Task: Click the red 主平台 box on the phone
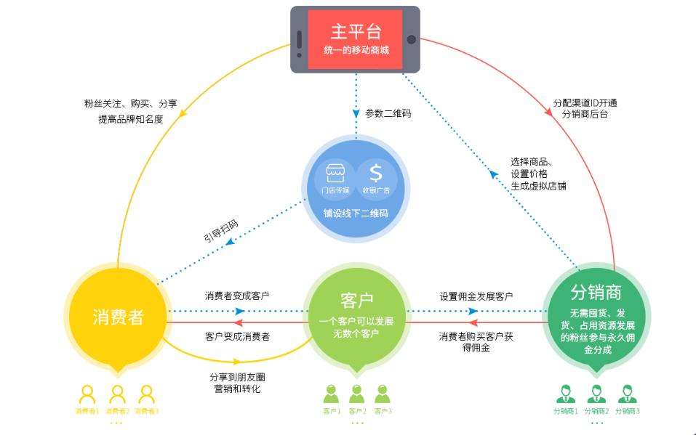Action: [355, 39]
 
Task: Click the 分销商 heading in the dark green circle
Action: [596, 293]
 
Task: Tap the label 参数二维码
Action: [388, 113]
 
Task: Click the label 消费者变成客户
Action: [237, 296]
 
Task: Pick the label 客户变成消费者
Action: [237, 336]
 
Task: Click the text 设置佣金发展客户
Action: [476, 296]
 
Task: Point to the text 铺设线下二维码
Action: [356, 214]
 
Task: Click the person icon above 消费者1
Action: [87, 394]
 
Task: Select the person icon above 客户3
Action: [383, 394]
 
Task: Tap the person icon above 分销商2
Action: [597, 394]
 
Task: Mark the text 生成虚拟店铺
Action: [539, 186]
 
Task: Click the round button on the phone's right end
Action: [411, 39]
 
